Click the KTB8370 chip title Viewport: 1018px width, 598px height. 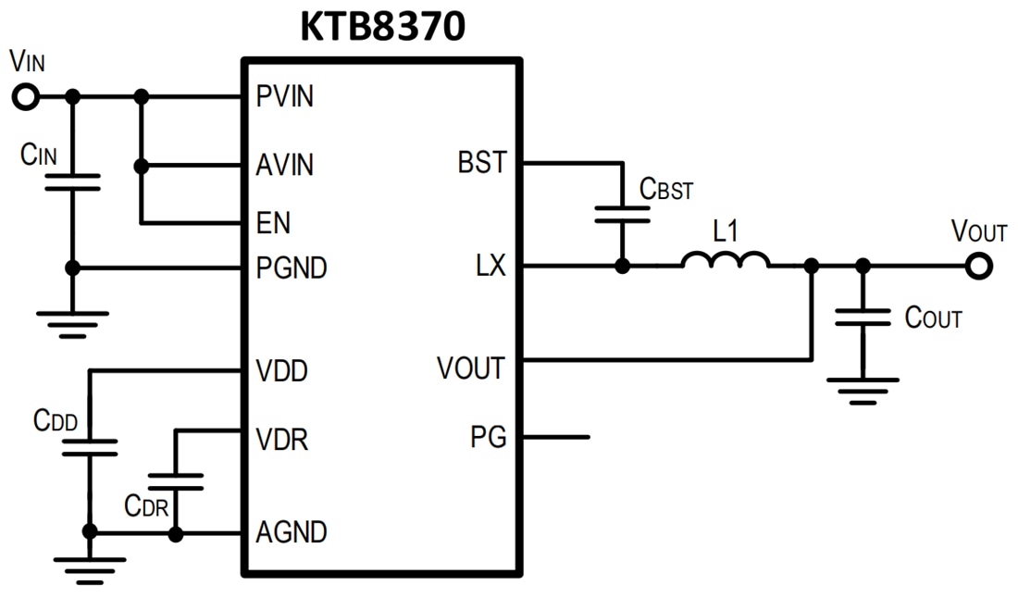click(x=381, y=27)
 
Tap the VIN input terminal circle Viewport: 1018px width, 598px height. click(x=27, y=96)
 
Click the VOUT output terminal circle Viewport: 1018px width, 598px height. click(x=977, y=267)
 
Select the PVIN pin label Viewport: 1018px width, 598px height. click(x=285, y=96)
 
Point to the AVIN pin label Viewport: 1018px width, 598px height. click(x=285, y=166)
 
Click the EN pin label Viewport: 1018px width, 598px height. click(x=273, y=223)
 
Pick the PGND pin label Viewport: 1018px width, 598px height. click(x=292, y=268)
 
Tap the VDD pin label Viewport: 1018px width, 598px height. click(x=281, y=372)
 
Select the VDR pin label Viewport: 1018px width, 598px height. click(x=281, y=439)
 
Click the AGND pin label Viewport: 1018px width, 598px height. click(x=292, y=533)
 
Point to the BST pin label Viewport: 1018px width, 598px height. click(x=482, y=164)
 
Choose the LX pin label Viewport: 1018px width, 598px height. click(x=491, y=268)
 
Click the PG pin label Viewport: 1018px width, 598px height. click(x=489, y=437)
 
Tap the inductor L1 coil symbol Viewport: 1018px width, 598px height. click(x=726, y=262)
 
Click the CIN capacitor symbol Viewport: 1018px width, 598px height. click(x=73, y=183)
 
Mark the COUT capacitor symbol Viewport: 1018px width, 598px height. click(x=863, y=318)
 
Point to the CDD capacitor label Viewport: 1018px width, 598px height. click(x=56, y=420)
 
